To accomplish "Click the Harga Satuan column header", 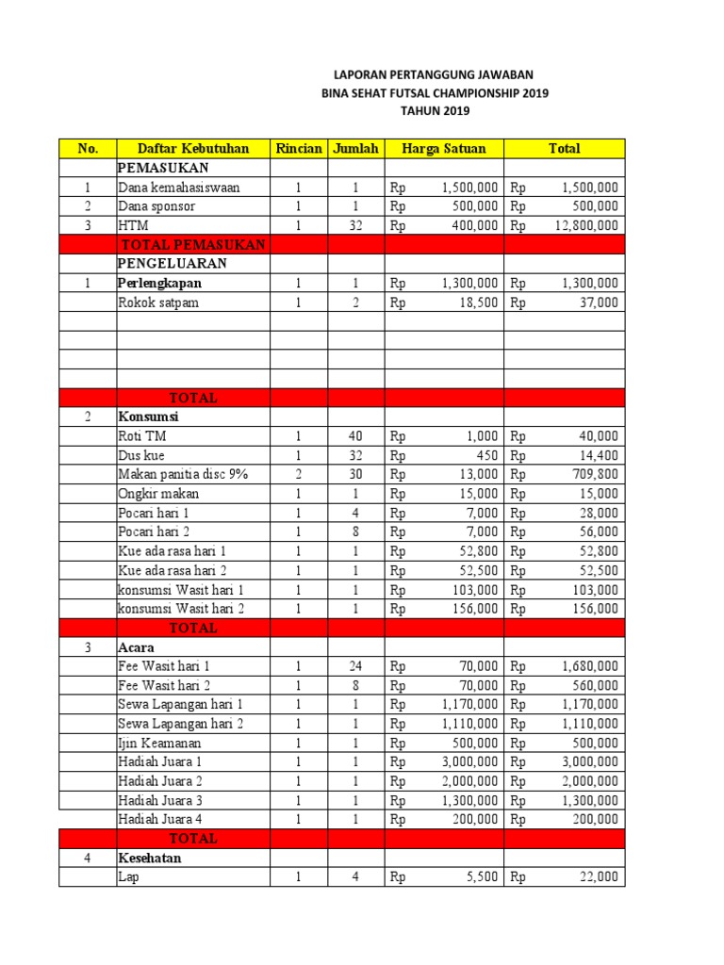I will [x=444, y=148].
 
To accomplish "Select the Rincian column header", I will [x=299, y=148].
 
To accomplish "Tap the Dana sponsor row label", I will [x=156, y=206].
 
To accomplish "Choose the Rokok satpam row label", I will [x=158, y=303].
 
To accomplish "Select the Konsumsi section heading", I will [x=148, y=417].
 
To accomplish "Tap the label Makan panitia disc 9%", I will [x=183, y=474].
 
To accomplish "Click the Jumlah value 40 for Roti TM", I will [x=354, y=436].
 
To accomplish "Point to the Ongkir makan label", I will [x=158, y=494].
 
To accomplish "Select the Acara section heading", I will [x=137, y=646].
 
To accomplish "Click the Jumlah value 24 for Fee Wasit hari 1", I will [x=354, y=666].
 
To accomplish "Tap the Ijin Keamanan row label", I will [x=160, y=743].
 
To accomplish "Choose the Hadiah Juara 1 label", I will [x=160, y=761].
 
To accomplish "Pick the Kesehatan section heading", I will [x=150, y=859].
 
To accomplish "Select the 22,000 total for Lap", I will [x=599, y=877].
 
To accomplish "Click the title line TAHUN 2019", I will [x=434, y=111].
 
